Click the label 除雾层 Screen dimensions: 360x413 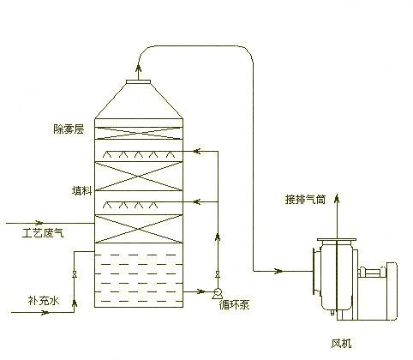point(68,129)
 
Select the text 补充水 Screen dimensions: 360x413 point(44,302)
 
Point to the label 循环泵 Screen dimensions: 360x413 point(232,302)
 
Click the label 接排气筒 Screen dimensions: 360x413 point(306,199)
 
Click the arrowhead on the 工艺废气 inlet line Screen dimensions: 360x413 point(87,222)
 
